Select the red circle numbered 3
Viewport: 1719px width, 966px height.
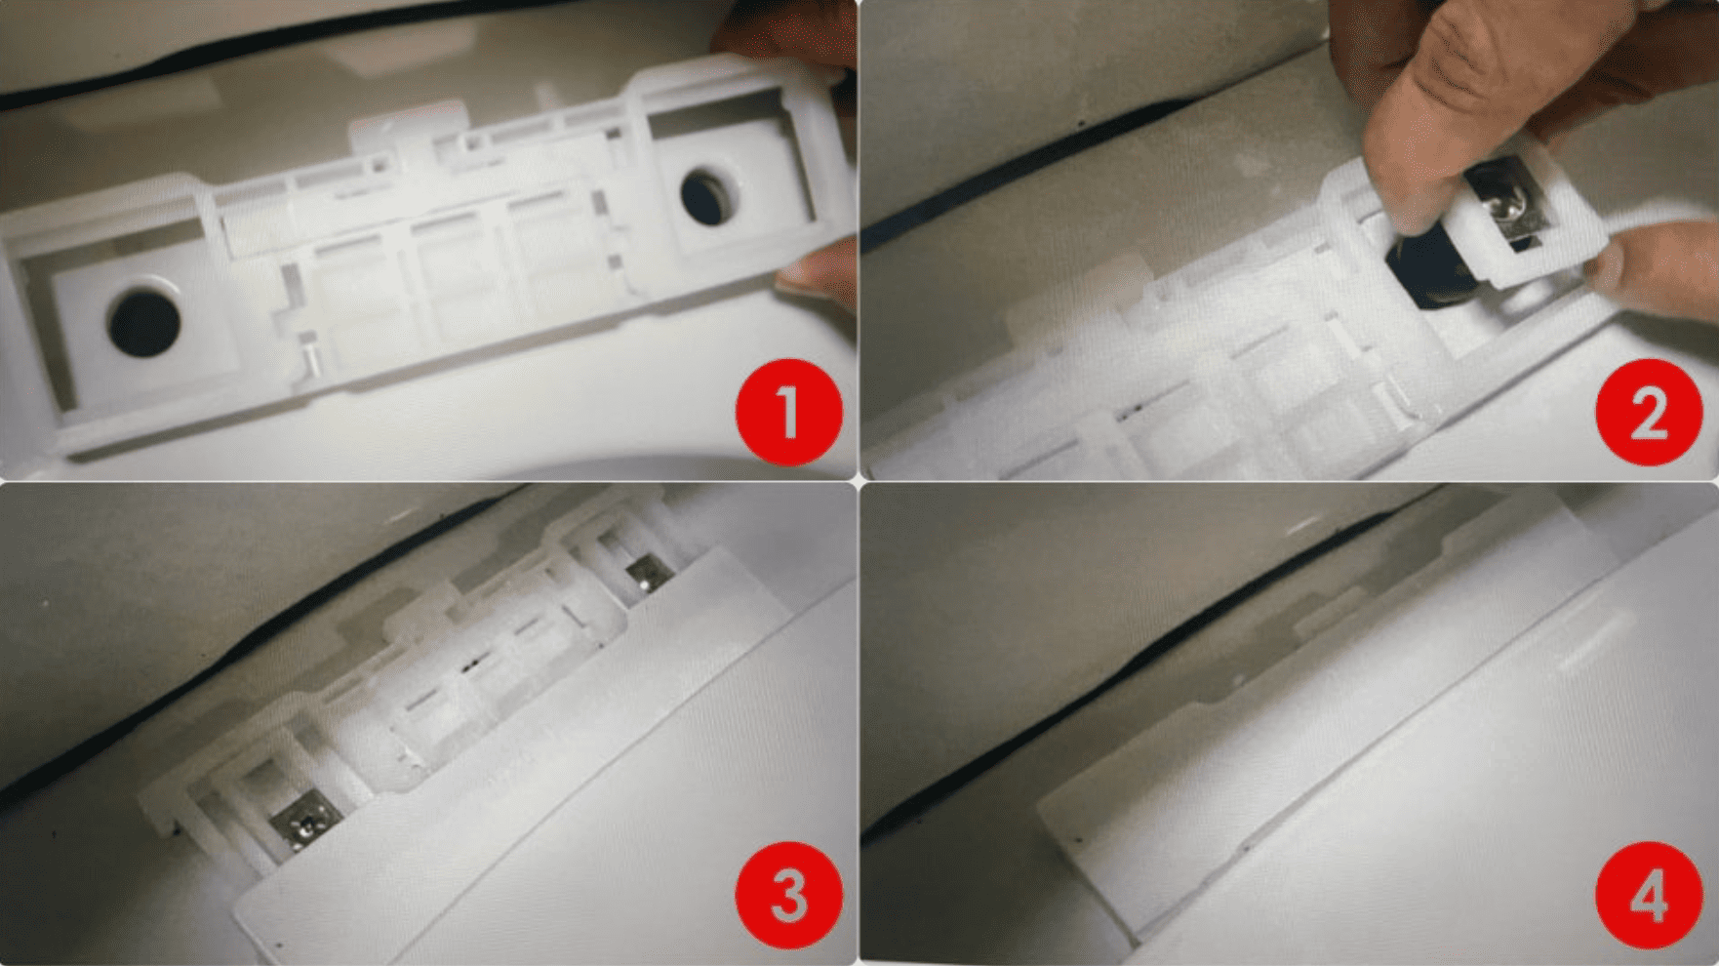point(788,895)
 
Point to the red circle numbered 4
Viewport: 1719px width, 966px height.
point(1649,895)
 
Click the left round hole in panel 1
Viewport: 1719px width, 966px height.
point(144,318)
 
